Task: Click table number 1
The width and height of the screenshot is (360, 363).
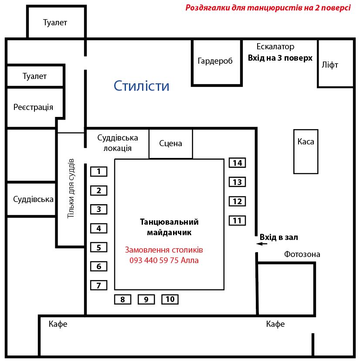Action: tap(99, 171)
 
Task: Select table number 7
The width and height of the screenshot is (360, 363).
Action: tap(99, 285)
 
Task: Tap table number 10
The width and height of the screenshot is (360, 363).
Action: tap(170, 299)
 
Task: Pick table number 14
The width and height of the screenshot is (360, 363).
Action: tap(237, 163)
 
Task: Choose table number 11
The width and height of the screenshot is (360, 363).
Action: tap(237, 221)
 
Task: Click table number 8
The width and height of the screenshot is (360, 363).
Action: tap(123, 299)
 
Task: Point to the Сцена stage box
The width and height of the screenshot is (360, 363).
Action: tap(171, 144)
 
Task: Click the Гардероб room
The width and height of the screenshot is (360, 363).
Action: tap(217, 62)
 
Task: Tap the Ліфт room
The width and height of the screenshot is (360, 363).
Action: tap(336, 64)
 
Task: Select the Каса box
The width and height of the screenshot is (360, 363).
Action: tap(306, 152)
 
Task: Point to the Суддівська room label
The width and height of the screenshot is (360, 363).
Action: tap(33, 199)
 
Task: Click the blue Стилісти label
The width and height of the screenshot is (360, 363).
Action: tap(142, 86)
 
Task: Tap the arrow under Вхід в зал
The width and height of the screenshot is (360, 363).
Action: tap(262, 243)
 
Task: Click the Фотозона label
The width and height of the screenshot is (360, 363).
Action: tap(302, 254)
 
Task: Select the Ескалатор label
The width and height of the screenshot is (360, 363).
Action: tap(275, 47)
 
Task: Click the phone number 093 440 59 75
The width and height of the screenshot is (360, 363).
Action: tap(154, 260)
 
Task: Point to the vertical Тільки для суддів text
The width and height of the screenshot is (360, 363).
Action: tap(71, 188)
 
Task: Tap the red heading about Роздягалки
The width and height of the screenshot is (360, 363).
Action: tap(268, 8)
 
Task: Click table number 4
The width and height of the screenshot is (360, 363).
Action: tap(99, 228)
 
